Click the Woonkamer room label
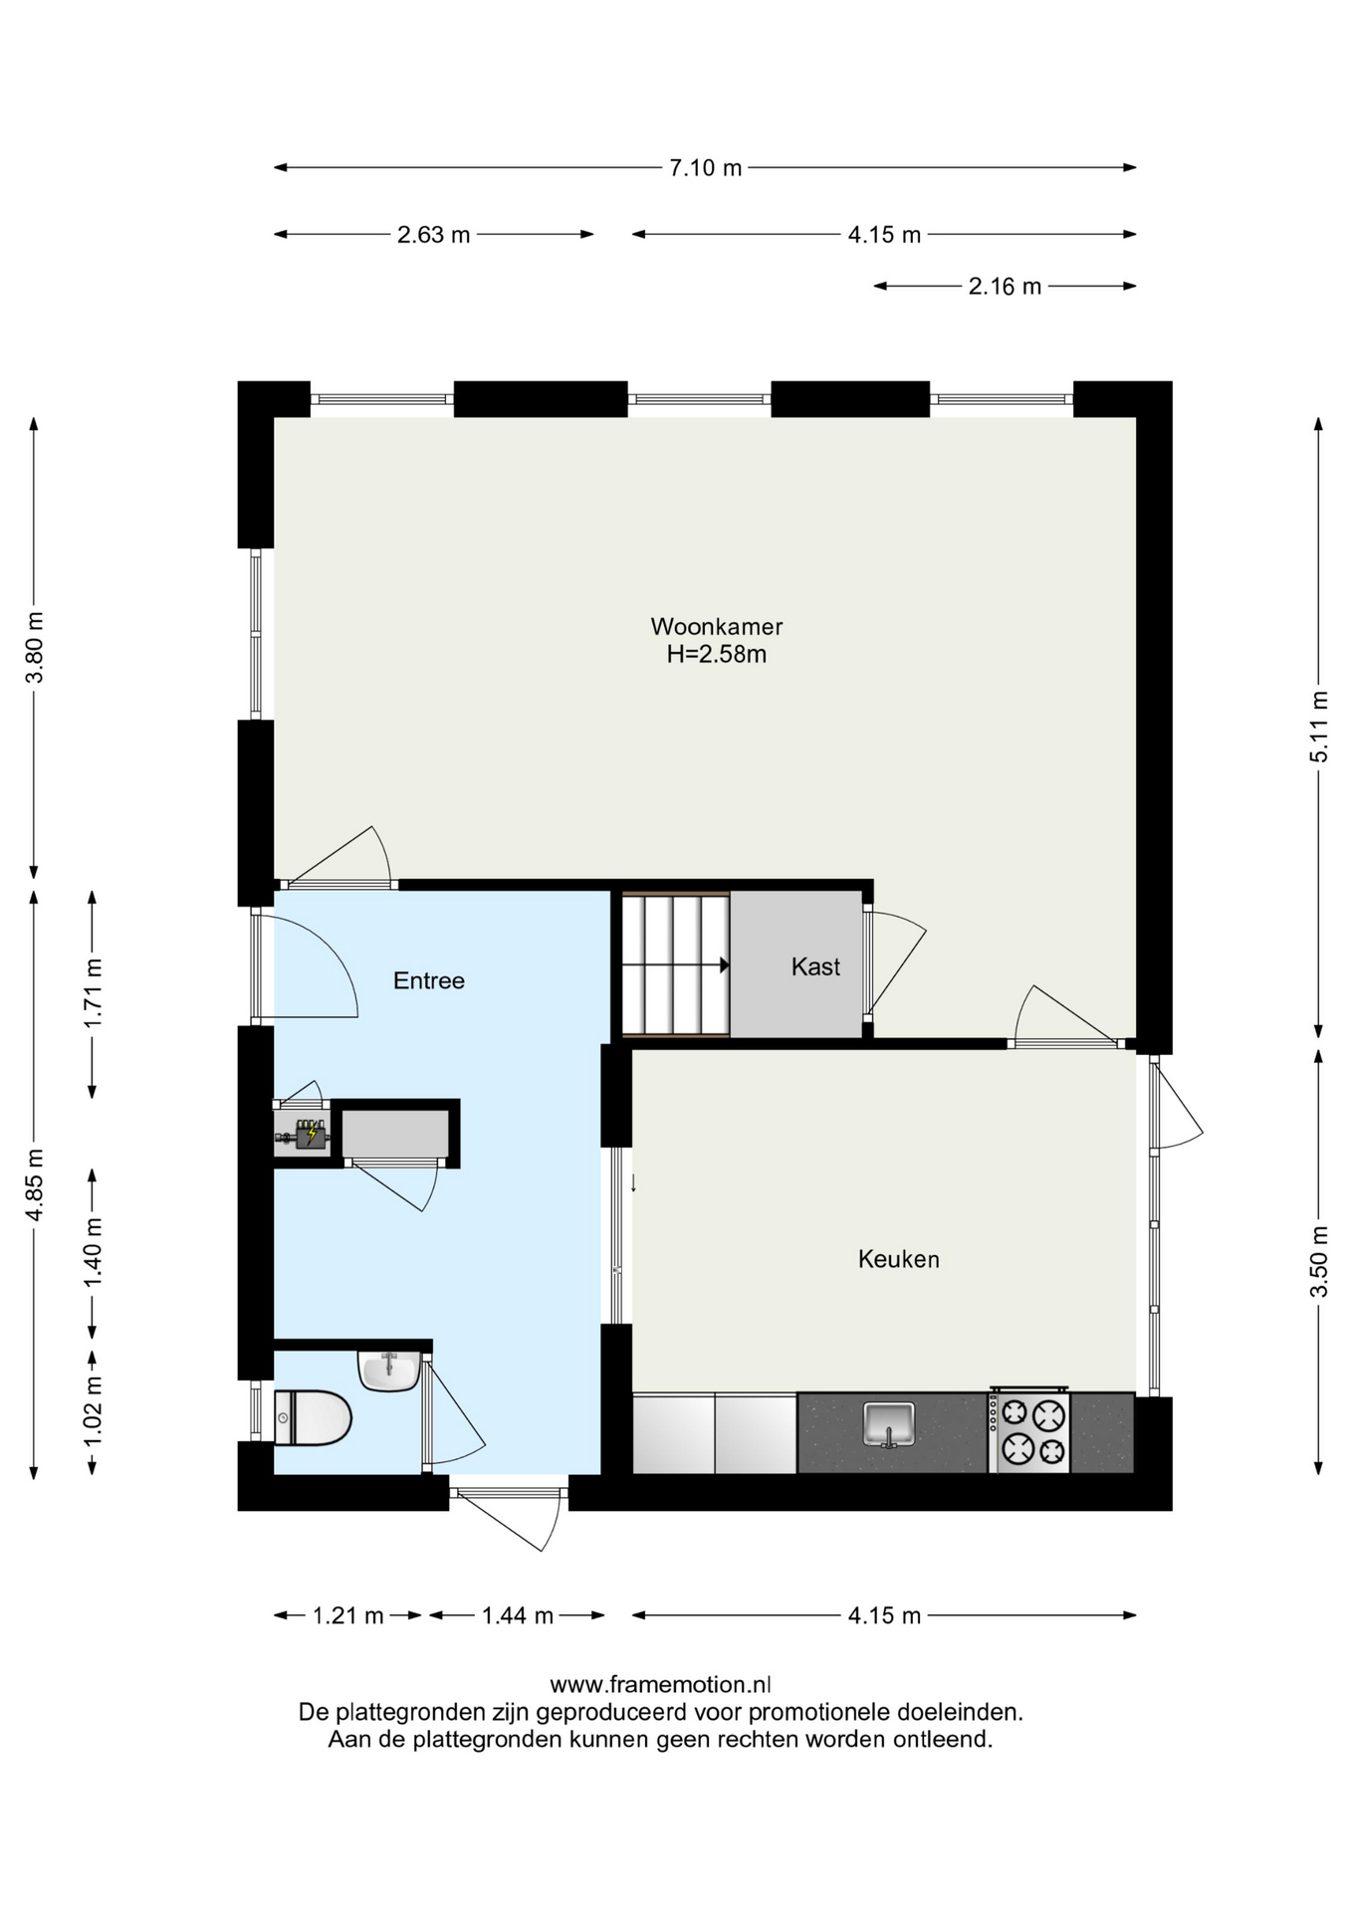click(x=717, y=626)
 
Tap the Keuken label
click(x=899, y=1259)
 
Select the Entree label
click(x=429, y=980)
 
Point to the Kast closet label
click(x=815, y=966)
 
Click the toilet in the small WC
click(x=313, y=1417)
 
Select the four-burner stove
click(x=1028, y=1430)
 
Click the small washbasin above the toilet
click(x=388, y=1371)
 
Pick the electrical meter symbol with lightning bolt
click(x=311, y=1134)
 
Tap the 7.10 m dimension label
click(x=705, y=167)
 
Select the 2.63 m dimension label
click(x=433, y=235)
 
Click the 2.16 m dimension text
click(x=1005, y=287)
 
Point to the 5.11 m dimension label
click(x=1318, y=727)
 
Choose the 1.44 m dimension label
click(x=518, y=1615)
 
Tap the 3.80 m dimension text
click(x=35, y=647)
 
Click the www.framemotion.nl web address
click(x=660, y=1684)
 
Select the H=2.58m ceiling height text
click(x=717, y=654)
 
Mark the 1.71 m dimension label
click(x=93, y=993)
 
